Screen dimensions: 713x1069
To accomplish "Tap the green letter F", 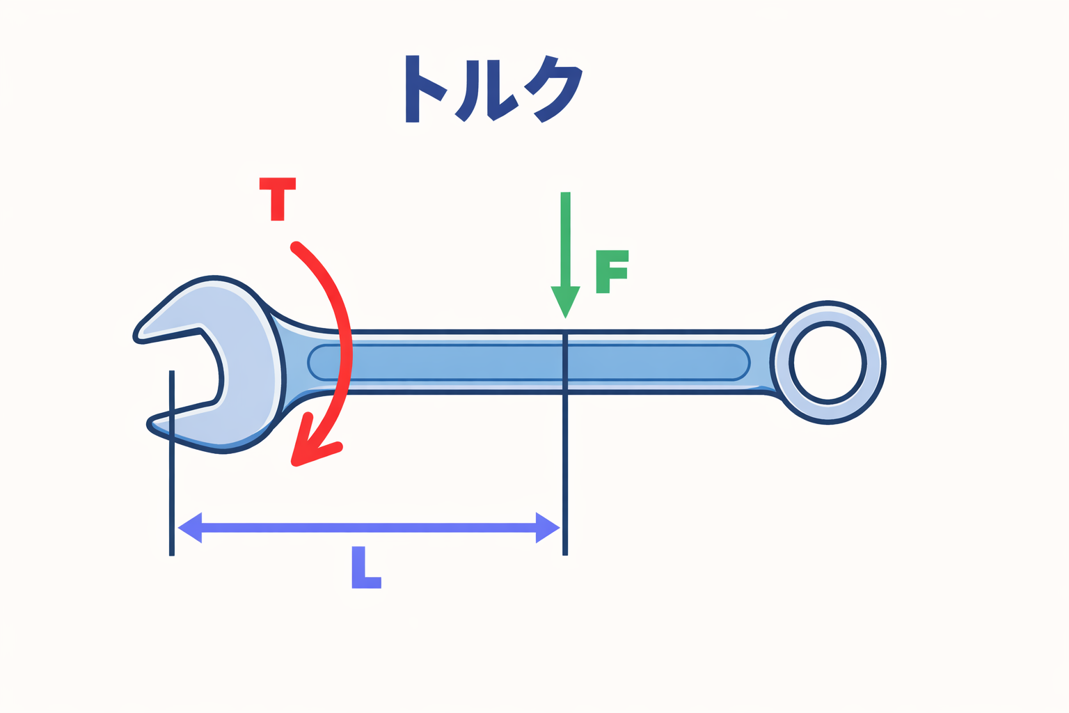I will click(x=611, y=271).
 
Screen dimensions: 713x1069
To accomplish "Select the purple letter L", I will click(x=365, y=568).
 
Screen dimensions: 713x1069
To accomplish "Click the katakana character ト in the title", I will click(x=422, y=88).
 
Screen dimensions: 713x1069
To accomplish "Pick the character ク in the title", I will click(x=555, y=89).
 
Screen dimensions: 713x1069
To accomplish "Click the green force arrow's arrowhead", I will click(x=565, y=300).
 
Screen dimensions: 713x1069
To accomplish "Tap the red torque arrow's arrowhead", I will click(x=306, y=449).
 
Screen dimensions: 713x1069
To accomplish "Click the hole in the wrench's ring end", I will click(x=828, y=363).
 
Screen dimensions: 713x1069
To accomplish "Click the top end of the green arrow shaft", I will click(x=565, y=195).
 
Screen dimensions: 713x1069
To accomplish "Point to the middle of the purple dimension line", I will click(x=369, y=527).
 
